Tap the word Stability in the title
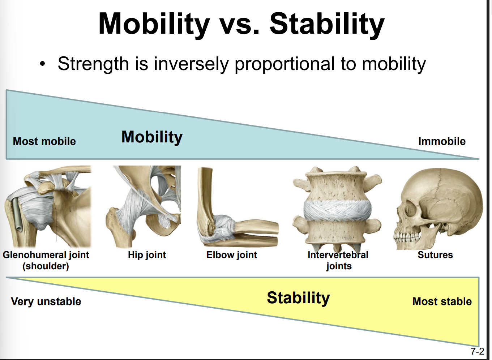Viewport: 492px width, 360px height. (x=327, y=24)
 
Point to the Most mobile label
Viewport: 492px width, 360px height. (x=44, y=141)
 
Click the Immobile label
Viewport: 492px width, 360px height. (x=442, y=141)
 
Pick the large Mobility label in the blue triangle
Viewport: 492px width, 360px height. (x=152, y=137)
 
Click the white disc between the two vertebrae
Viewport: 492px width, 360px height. (x=337, y=210)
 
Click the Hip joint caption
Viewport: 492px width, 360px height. (x=147, y=255)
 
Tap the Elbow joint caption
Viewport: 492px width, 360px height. (x=232, y=255)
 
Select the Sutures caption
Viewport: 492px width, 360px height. (x=435, y=255)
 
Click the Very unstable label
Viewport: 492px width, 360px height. (x=46, y=301)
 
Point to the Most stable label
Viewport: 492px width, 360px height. (x=442, y=301)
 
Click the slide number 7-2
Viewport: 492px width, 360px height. (x=477, y=351)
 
